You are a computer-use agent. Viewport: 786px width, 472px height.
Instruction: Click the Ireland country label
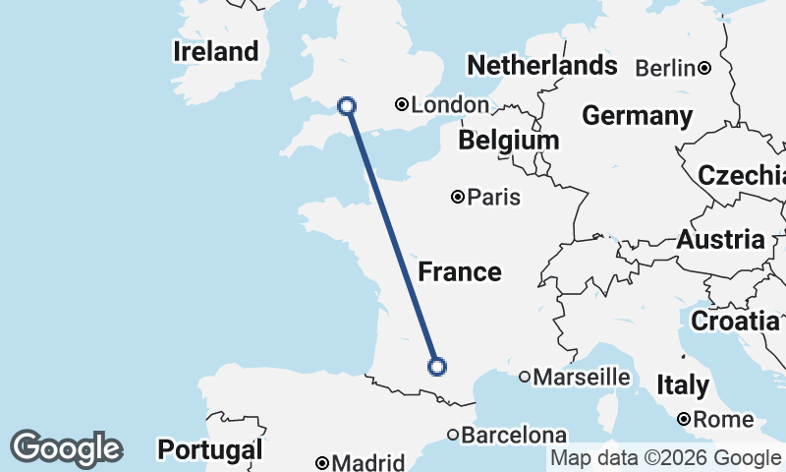coord(216,51)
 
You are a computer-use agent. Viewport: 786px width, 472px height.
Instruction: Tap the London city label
coord(450,105)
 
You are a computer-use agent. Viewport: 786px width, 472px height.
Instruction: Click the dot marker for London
coord(402,104)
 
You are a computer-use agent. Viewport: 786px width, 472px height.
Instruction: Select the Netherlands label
coord(541,66)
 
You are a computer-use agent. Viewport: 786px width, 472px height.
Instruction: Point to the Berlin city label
coord(665,69)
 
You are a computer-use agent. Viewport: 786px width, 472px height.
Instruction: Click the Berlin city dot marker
coord(704,68)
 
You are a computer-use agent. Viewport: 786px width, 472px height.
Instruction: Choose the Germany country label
coord(637,116)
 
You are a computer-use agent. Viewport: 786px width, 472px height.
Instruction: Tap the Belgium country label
coord(508,141)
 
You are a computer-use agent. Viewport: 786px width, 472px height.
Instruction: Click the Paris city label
coord(493,198)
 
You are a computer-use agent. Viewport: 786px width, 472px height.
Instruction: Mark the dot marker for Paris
coord(458,197)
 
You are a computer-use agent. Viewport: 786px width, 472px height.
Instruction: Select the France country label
coord(460,272)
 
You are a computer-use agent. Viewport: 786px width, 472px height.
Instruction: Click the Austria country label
coord(720,239)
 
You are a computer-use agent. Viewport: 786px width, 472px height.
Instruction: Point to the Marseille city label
coord(582,377)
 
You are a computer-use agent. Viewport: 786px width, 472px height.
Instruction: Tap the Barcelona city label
coord(514,435)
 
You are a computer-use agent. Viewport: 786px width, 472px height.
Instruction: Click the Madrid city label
coord(367,463)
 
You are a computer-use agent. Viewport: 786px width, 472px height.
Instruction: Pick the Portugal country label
coord(210,450)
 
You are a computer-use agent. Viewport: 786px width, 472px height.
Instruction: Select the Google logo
coord(66,448)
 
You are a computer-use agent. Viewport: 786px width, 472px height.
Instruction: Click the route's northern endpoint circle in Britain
coord(346,105)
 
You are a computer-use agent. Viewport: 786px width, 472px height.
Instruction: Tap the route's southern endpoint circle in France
coord(437,367)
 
